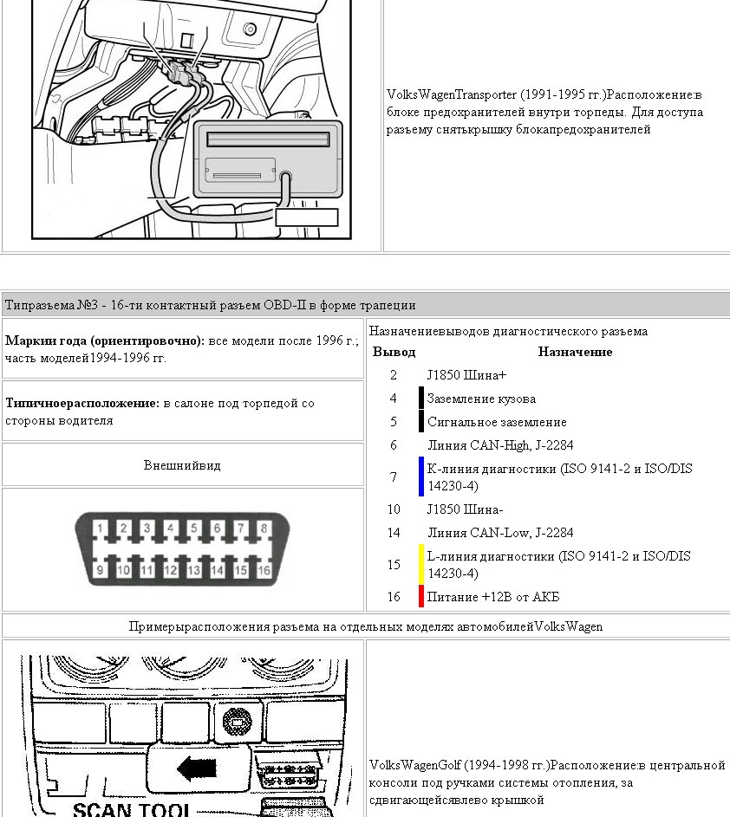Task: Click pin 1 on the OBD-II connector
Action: click(x=101, y=528)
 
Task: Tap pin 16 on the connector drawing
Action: click(x=264, y=569)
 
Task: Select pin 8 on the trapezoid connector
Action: click(x=264, y=528)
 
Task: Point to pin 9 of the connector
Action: click(x=101, y=569)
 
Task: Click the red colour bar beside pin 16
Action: click(x=421, y=597)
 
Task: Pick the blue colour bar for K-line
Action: click(x=421, y=477)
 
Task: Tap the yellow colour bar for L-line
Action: click(x=421, y=565)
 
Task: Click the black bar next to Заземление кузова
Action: click(x=421, y=399)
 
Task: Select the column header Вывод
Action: click(x=394, y=352)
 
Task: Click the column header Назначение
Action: click(x=575, y=352)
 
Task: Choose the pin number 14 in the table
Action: click(x=394, y=533)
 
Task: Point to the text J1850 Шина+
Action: click(x=466, y=375)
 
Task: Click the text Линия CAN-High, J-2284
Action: click(x=500, y=445)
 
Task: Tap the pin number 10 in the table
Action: click(x=394, y=509)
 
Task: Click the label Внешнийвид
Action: click(x=182, y=465)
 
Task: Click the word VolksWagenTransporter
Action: click(x=452, y=94)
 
